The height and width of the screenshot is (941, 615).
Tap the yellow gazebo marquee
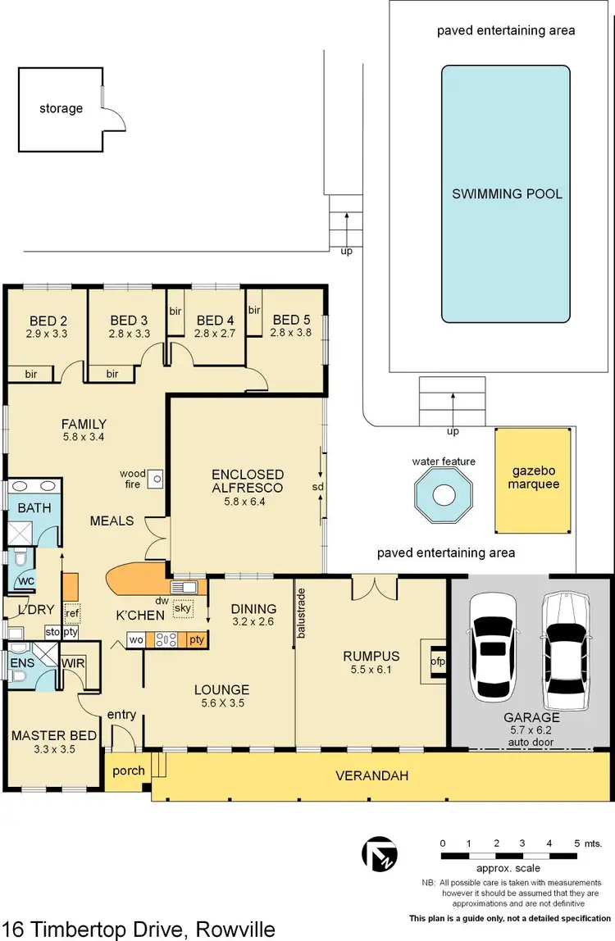tap(533, 478)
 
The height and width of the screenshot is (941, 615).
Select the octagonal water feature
tap(444, 495)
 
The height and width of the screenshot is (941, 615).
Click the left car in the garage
tap(492, 643)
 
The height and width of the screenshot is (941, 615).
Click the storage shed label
tap(61, 108)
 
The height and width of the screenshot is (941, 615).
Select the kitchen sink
tap(182, 587)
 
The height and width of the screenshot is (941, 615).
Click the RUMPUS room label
tap(371, 656)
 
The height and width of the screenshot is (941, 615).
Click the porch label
tap(129, 771)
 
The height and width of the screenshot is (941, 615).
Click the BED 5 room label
tap(292, 320)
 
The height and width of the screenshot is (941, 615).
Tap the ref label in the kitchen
tap(72, 613)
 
